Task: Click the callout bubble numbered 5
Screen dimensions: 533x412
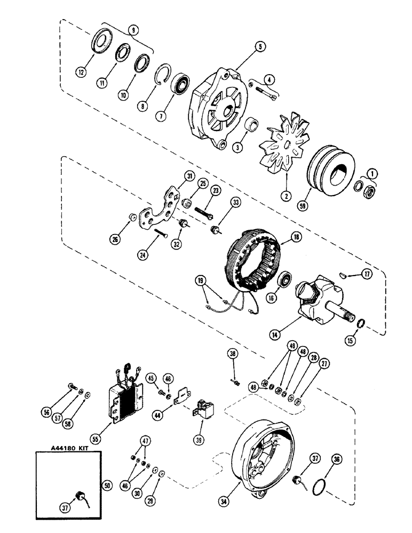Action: coord(259,46)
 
